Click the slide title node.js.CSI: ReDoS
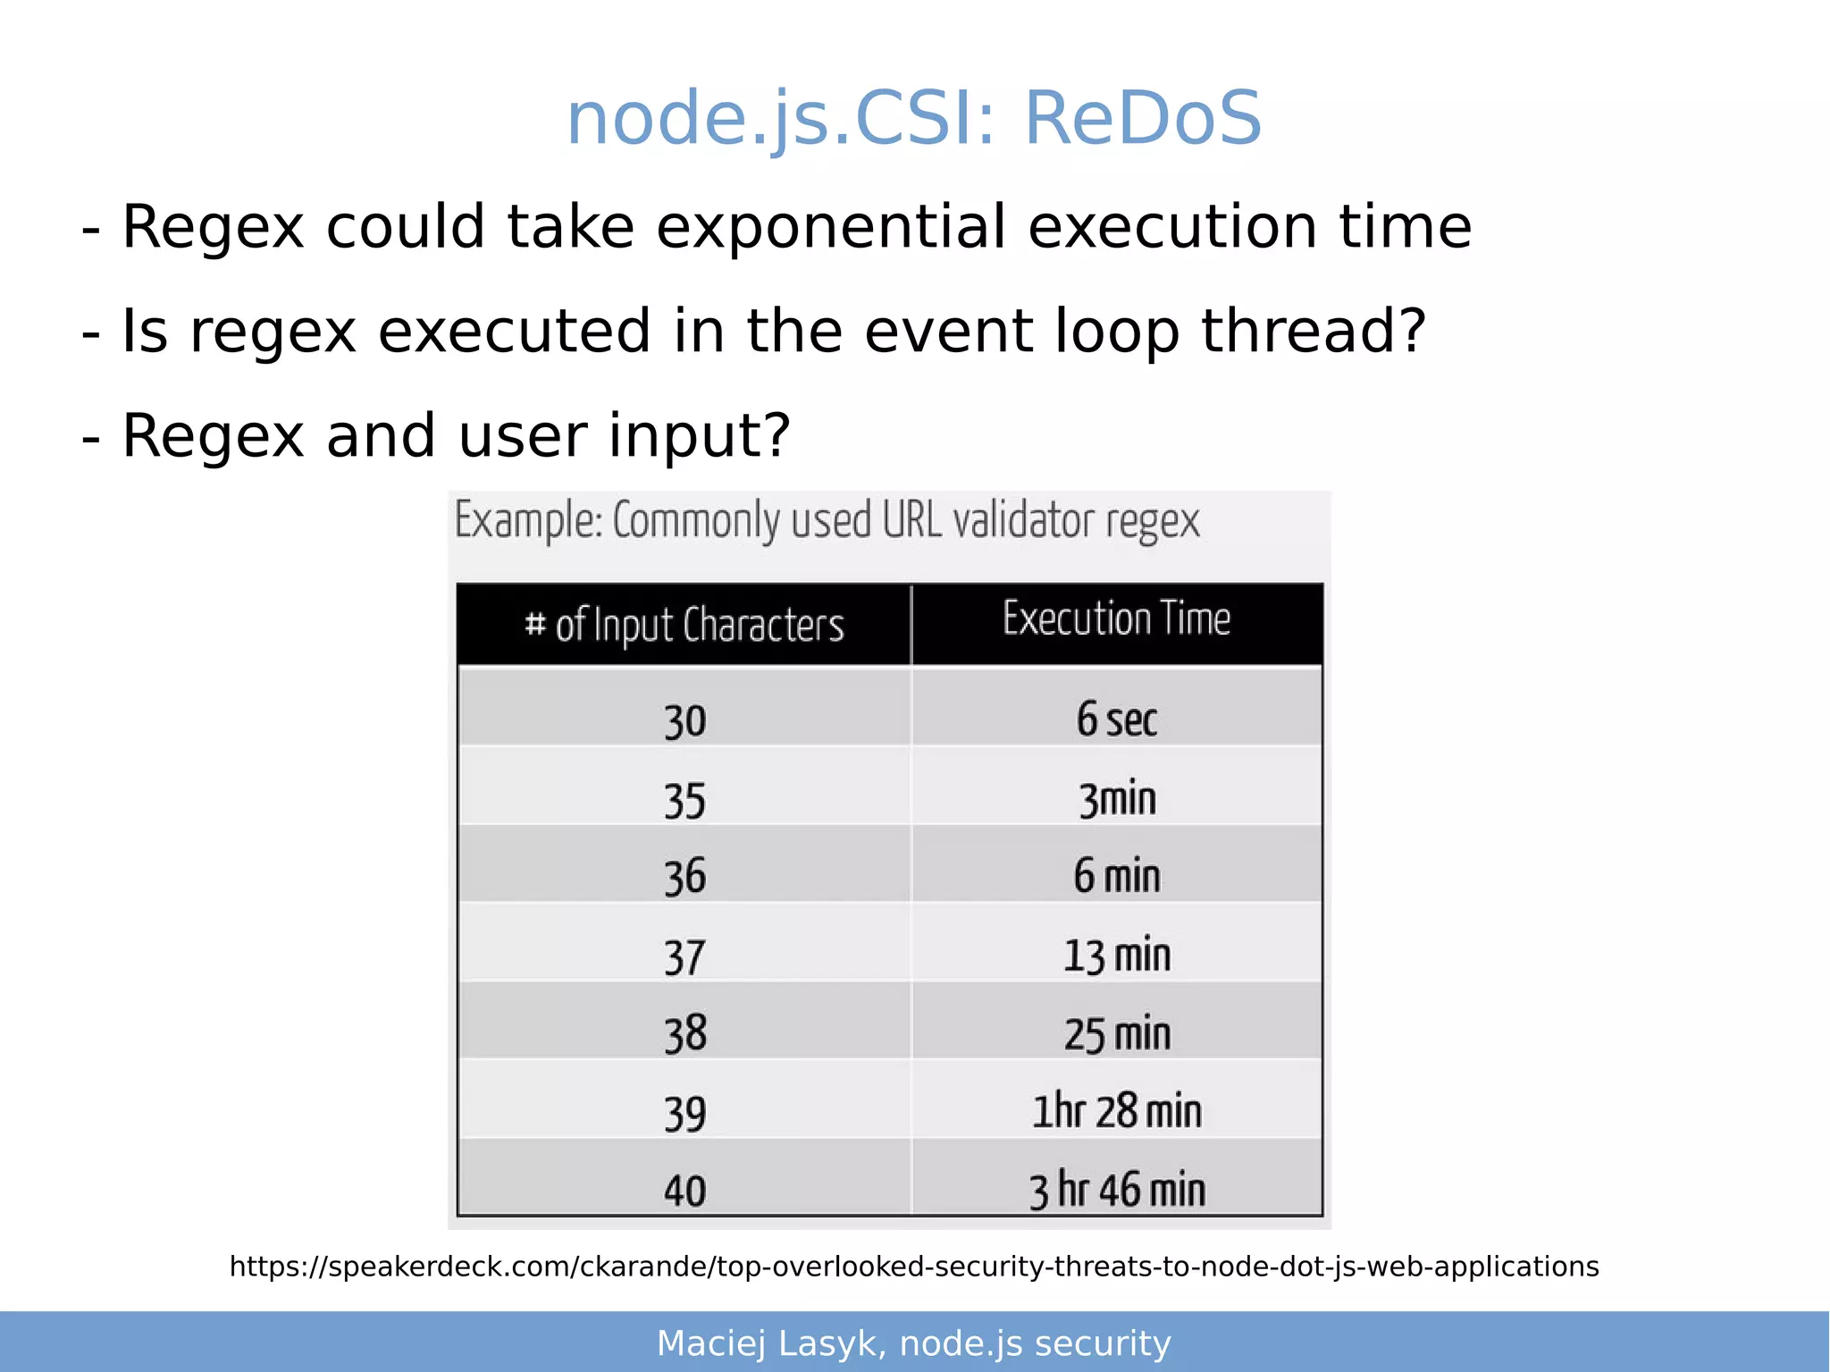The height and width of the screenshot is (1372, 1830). point(914,119)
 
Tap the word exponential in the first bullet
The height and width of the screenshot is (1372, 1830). point(831,227)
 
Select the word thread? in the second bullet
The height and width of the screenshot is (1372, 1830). point(1313,332)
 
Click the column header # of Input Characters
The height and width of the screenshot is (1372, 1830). point(684,625)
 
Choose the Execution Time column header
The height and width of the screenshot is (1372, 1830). point(1116,619)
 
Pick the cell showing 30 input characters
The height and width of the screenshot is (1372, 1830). point(684,721)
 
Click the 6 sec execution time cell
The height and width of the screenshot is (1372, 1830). point(1116,720)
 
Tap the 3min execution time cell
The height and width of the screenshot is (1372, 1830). point(1117,798)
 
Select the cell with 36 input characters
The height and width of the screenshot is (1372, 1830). point(684,877)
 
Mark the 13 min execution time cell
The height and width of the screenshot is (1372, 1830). point(1116,955)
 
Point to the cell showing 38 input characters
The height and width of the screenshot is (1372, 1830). point(684,1034)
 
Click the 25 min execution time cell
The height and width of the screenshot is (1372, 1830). point(1117,1034)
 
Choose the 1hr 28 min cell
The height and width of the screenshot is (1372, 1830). point(1116,1112)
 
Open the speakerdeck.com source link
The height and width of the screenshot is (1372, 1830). point(914,1267)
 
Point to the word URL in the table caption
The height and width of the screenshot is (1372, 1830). point(911,520)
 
